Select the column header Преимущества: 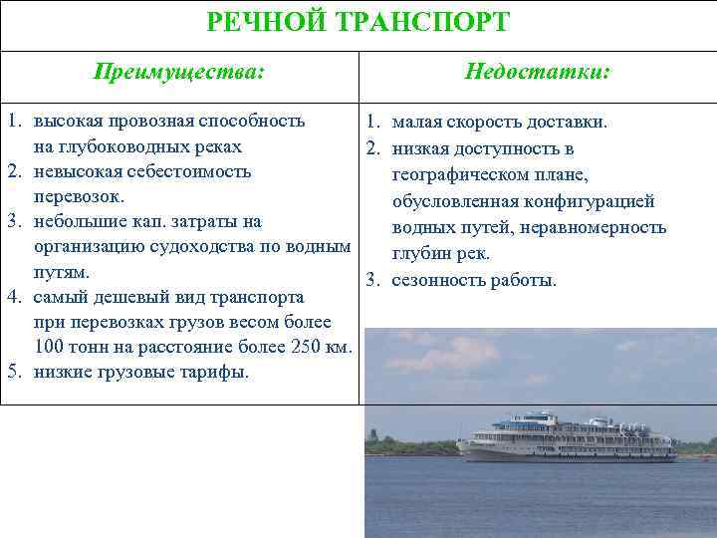click(179, 73)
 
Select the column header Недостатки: click(538, 73)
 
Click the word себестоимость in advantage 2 click(186, 171)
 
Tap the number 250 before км click(302, 347)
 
